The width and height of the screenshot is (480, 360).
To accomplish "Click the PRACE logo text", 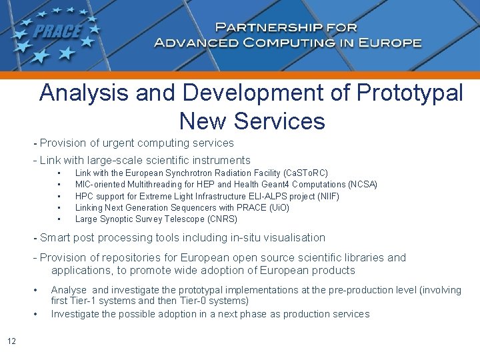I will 57,31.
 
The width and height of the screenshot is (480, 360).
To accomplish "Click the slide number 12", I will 11,342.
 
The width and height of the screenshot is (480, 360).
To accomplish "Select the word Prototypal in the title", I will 410,93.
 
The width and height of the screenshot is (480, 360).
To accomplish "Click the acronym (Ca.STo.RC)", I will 305,173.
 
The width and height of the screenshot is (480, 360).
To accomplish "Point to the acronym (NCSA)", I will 363,184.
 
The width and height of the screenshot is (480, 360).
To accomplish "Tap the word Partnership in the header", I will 264,28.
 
